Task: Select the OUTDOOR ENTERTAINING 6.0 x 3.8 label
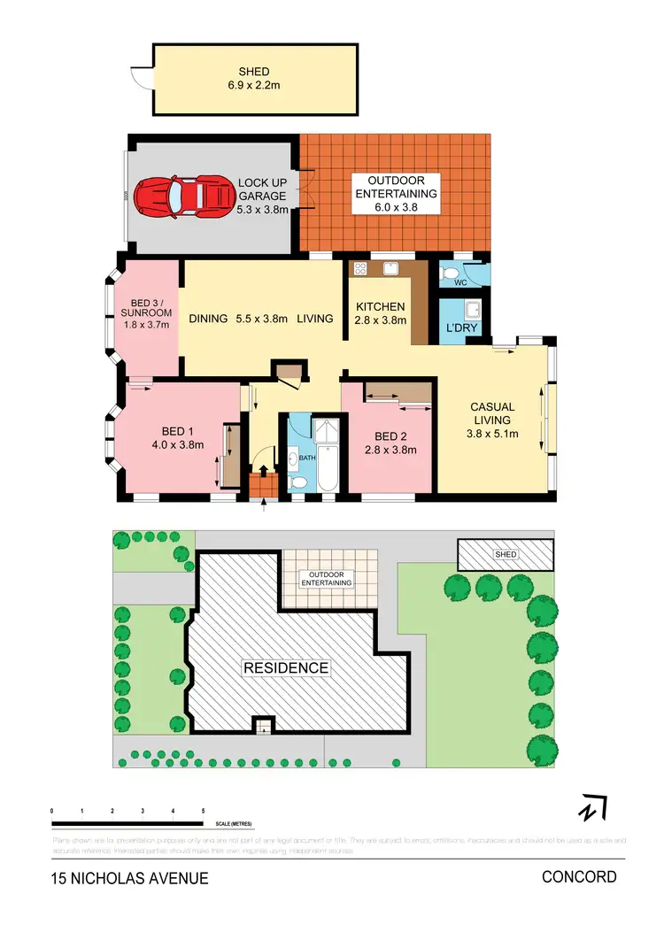click(x=395, y=194)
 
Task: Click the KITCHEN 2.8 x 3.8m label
click(x=381, y=313)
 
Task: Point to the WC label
click(x=460, y=284)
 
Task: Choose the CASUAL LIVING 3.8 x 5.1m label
click(x=492, y=420)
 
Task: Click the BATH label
click(x=306, y=458)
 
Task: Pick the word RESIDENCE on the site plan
click(x=286, y=667)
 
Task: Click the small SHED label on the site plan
click(x=506, y=555)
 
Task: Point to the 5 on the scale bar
click(x=204, y=811)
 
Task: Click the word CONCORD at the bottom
click(x=579, y=877)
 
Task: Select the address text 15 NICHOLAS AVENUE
click(x=129, y=879)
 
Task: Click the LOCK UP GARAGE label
click(x=262, y=196)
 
